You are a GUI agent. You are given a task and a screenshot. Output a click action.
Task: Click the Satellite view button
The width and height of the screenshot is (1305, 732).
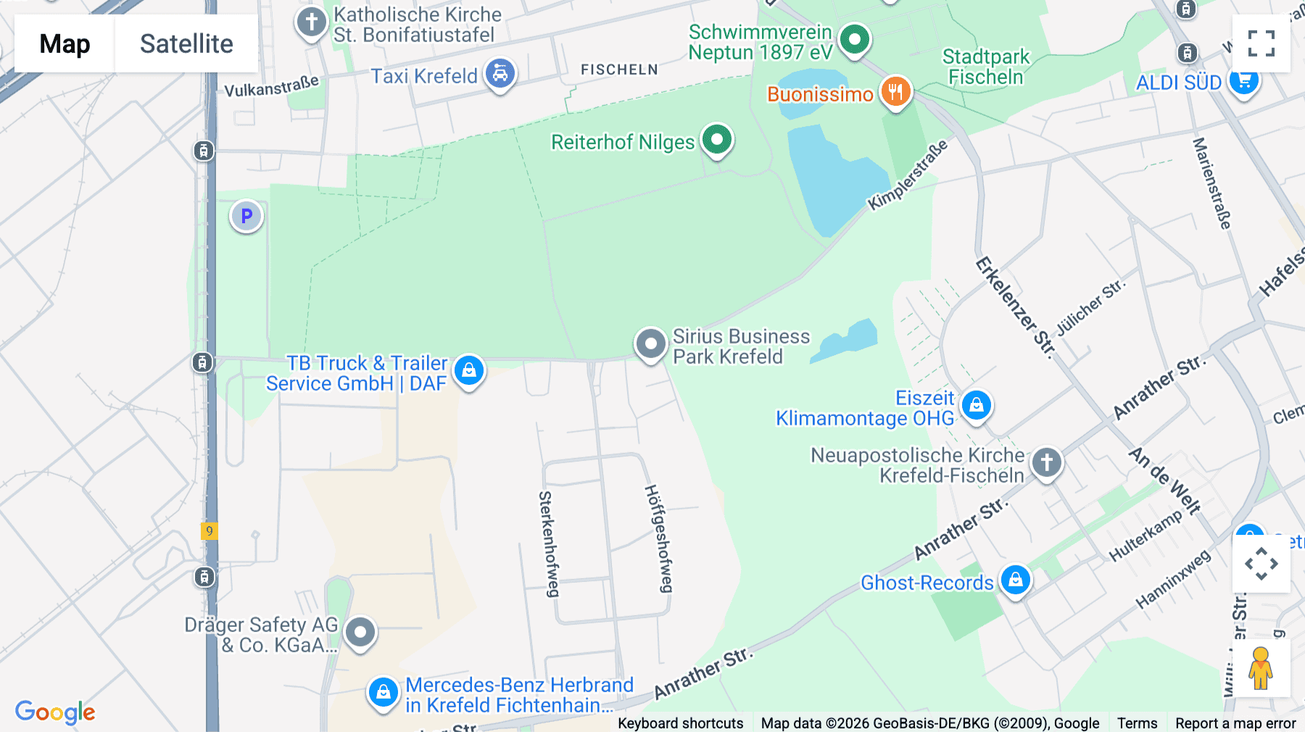tap(186, 43)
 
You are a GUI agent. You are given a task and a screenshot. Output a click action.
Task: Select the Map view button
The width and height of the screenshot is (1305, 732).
tap(65, 43)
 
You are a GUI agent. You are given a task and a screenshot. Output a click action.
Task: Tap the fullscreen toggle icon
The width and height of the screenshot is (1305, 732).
tap(1261, 43)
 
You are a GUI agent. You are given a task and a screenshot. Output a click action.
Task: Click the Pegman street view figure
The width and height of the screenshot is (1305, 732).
tap(1261, 667)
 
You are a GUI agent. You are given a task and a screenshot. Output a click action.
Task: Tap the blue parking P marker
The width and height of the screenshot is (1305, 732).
tap(246, 216)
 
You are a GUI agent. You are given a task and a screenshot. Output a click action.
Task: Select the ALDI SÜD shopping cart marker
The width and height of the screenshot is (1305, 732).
tap(1244, 81)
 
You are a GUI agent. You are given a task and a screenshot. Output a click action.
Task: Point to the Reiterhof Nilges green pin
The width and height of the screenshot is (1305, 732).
tap(717, 139)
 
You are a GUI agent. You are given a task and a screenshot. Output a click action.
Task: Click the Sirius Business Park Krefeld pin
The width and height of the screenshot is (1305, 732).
tap(650, 344)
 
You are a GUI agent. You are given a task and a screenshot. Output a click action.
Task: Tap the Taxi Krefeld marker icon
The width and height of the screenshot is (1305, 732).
tap(500, 74)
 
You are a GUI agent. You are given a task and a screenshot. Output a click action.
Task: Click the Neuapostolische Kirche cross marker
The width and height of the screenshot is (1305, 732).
tap(1046, 462)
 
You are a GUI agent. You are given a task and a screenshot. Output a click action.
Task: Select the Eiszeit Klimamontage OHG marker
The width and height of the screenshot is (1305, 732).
tap(977, 405)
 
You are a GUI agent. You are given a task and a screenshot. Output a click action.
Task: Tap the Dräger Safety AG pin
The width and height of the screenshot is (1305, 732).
tap(360, 632)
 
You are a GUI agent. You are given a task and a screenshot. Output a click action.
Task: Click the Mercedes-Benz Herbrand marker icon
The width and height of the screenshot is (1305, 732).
tap(384, 693)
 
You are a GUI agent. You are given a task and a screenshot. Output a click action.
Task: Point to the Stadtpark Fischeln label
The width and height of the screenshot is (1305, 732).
tap(985, 67)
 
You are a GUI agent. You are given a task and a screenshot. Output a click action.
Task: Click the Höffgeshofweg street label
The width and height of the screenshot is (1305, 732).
tap(658, 538)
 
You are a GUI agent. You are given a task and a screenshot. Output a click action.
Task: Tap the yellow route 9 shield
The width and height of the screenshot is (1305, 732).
tap(210, 531)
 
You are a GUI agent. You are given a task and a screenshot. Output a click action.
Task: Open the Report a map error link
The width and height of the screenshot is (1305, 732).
tap(1235, 723)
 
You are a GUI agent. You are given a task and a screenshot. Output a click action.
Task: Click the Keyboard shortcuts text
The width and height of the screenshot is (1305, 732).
tap(680, 723)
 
